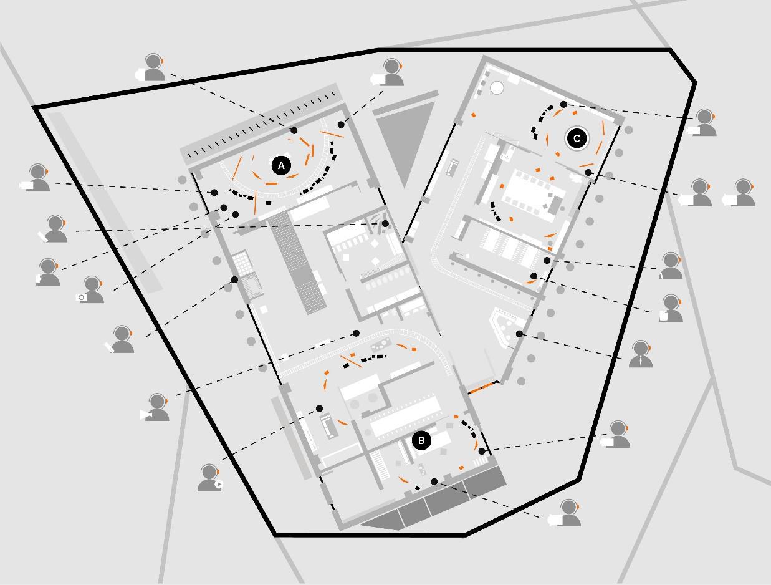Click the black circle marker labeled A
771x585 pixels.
281,166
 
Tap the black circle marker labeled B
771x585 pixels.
421,440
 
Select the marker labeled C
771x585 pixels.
577,138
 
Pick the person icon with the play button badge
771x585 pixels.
210,478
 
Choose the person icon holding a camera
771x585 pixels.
91,290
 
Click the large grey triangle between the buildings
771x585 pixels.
405,140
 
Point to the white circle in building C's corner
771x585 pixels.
497,88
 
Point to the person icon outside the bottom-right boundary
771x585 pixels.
568,513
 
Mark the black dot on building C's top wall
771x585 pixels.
563,105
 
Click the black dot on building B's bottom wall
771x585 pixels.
434,482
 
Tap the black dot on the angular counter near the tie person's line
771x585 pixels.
519,334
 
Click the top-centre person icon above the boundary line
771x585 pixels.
392,72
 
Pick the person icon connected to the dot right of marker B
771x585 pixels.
618,435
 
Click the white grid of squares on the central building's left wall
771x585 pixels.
241,262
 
